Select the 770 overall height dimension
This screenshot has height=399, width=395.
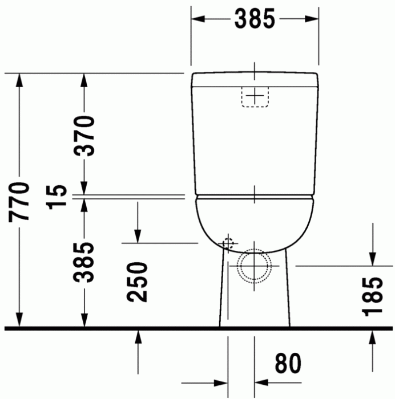point(20,201)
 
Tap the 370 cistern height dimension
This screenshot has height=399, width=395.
point(84,136)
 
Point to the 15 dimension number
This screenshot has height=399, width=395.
point(59,196)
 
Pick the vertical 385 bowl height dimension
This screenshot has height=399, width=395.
point(84,262)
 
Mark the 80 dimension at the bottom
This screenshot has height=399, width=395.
point(288,363)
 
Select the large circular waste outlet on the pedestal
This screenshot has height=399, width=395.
point(254,266)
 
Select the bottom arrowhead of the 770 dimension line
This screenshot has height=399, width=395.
point(20,321)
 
